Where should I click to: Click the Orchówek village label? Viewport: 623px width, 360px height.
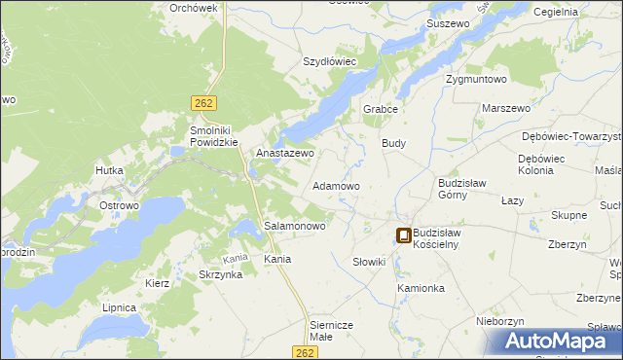click(193, 7)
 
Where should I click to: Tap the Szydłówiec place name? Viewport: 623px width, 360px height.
click(330, 61)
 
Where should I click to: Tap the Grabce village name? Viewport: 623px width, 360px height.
click(382, 109)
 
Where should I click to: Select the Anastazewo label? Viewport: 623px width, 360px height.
click(284, 154)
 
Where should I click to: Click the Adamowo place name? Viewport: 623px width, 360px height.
click(336, 185)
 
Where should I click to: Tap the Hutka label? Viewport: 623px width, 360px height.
click(108, 170)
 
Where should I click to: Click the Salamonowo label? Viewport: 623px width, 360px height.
click(295, 226)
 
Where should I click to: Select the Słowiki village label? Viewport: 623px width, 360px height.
click(369, 263)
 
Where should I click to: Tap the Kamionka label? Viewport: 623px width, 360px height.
click(421, 289)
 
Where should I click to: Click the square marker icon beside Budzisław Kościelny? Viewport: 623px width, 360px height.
click(403, 234)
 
